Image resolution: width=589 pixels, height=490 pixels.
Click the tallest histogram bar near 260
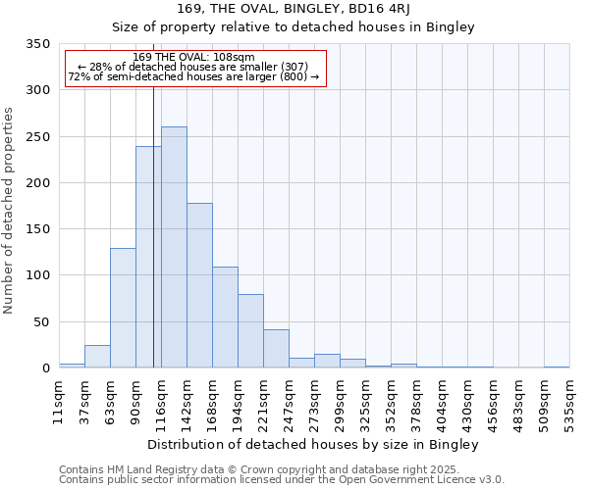tap(174, 247)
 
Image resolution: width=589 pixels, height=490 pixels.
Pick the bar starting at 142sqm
tap(199, 285)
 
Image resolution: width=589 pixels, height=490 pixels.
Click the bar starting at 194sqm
tap(250, 330)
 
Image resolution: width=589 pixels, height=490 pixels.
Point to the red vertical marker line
tap(154, 225)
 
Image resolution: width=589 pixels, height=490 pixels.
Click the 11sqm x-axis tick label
tap(60, 400)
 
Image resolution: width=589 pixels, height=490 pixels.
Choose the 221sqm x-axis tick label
tap(264, 400)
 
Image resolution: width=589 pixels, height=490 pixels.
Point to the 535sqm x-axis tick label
tap(570, 400)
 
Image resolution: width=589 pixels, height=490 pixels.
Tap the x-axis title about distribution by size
tap(314, 445)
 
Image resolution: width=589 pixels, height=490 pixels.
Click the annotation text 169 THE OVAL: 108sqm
tap(193, 57)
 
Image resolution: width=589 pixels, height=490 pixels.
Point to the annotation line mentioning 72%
tap(193, 76)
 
